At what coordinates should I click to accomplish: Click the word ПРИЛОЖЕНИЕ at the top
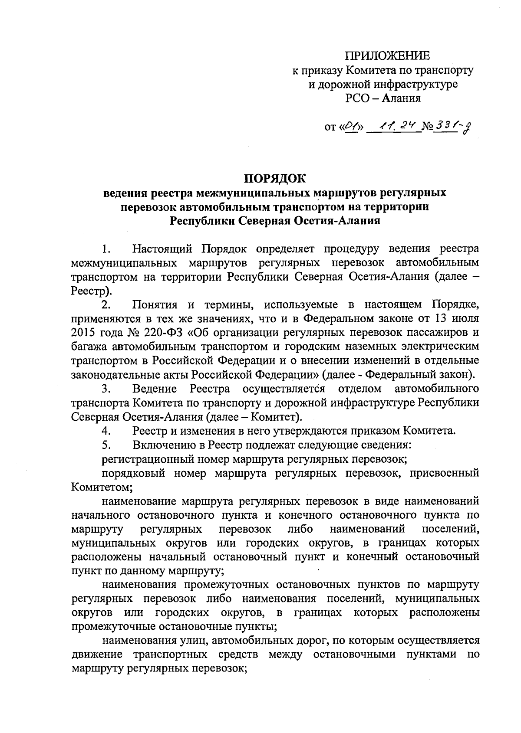(387, 56)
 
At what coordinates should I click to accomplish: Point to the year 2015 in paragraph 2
(83, 333)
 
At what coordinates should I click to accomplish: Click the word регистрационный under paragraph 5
(144, 459)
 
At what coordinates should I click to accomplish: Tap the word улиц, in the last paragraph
(195, 641)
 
